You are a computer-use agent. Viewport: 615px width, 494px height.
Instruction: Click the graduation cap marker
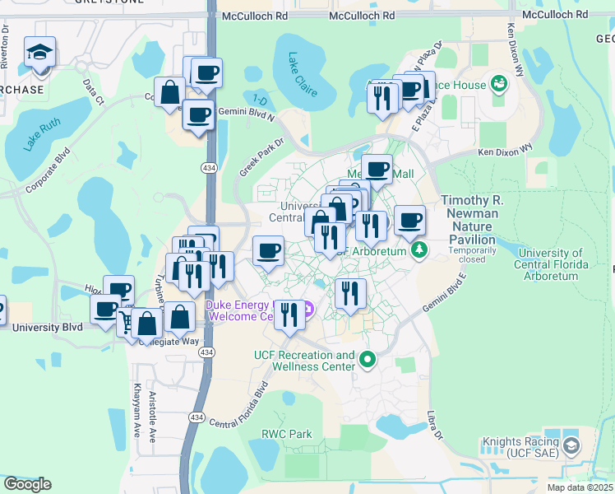[x=39, y=54]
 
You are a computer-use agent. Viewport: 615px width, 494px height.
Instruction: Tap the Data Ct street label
[x=93, y=91]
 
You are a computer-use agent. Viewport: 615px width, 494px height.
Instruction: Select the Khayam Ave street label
[x=136, y=408]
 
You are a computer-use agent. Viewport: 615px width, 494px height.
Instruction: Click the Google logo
[x=27, y=484]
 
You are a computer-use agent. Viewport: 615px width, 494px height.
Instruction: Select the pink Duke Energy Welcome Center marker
[x=308, y=310]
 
